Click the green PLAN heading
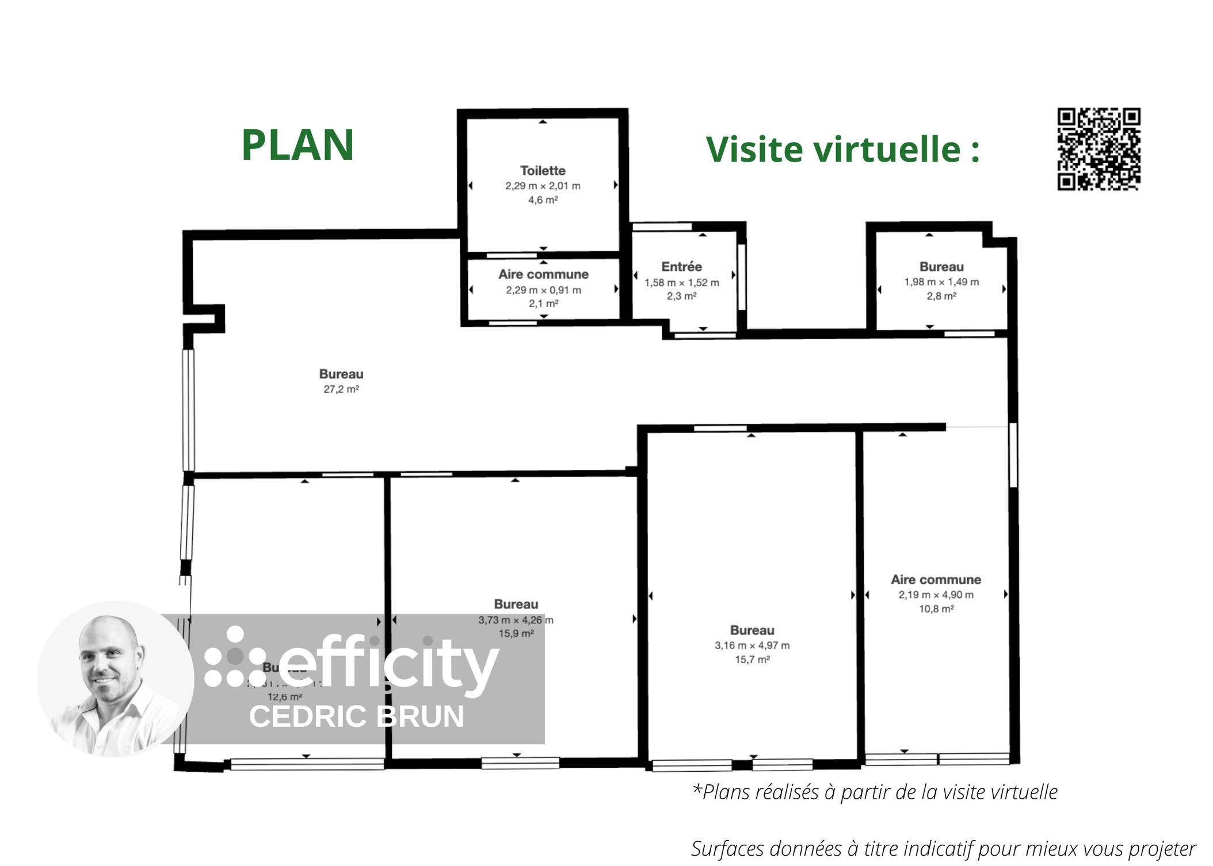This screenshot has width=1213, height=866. pyautogui.click(x=297, y=145)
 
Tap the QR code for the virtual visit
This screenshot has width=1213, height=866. pyautogui.click(x=1098, y=149)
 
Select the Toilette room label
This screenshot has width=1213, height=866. pyautogui.click(x=543, y=171)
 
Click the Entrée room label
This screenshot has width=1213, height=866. pyautogui.click(x=681, y=267)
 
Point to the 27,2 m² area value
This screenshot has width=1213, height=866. pyautogui.click(x=341, y=389)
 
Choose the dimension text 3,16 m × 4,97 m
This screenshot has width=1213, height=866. pyautogui.click(x=752, y=645)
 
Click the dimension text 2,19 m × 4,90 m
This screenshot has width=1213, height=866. pyautogui.click(x=936, y=595)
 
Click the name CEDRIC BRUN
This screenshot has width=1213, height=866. pyautogui.click(x=356, y=716)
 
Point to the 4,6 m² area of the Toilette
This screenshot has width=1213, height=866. pyautogui.click(x=543, y=200)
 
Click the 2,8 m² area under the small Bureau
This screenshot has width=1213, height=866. pyautogui.click(x=941, y=296)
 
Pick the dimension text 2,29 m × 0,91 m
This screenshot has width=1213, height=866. pyautogui.click(x=543, y=290)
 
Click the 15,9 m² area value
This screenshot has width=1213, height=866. pyautogui.click(x=516, y=634)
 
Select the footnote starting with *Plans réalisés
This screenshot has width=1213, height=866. pyautogui.click(x=875, y=792)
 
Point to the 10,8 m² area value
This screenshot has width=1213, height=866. pyautogui.click(x=936, y=609)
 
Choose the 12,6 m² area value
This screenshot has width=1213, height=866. pyautogui.click(x=285, y=697)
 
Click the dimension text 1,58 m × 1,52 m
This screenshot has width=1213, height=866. pyautogui.click(x=681, y=282)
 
